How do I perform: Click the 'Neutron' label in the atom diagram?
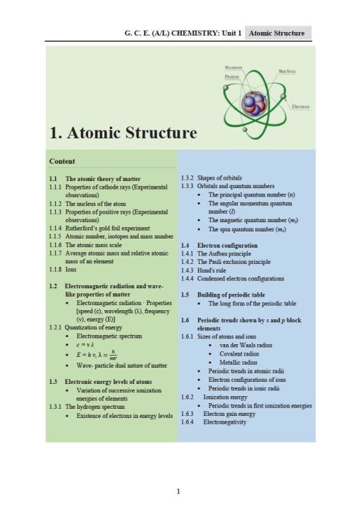(234, 68)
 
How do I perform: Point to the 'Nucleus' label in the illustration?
(288, 72)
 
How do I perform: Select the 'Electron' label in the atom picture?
(300, 107)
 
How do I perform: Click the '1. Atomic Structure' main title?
(123, 133)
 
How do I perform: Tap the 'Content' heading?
(62, 161)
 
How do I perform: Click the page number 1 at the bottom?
(178, 490)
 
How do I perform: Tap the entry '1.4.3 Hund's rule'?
(206, 270)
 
